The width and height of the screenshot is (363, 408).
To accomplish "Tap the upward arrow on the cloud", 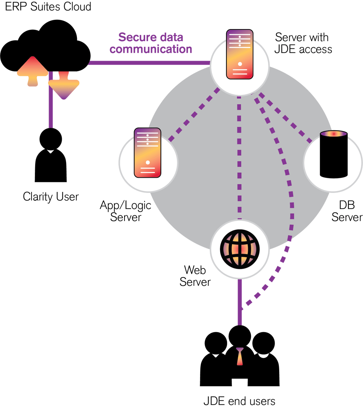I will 33,71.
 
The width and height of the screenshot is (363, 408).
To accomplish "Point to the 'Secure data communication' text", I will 151,43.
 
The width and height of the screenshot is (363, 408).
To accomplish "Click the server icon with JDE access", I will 240,55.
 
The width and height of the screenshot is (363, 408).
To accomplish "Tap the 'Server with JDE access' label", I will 303,43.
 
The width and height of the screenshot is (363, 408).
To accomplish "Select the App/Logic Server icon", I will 147,153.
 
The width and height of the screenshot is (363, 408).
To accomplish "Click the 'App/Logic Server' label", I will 126,211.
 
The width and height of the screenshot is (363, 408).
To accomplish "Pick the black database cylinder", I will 333,154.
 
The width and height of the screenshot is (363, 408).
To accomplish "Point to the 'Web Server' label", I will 195,276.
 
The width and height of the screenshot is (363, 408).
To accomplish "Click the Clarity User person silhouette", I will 50,156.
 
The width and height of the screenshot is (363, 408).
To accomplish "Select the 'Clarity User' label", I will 50,197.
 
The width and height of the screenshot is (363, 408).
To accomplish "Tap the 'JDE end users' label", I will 239,401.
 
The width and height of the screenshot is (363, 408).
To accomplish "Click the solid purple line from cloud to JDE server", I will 149,63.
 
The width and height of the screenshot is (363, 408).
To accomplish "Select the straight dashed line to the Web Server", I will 240,156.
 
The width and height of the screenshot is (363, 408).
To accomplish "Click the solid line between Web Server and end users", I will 240,302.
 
